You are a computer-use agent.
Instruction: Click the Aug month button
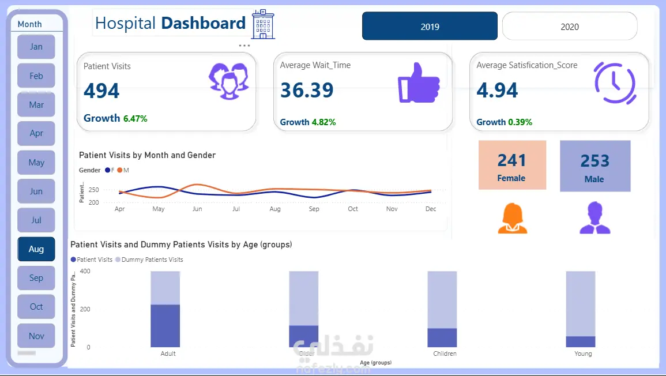point(36,249)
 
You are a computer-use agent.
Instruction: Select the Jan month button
point(36,47)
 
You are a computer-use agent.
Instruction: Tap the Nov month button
point(36,336)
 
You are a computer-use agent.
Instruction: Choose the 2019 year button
point(430,27)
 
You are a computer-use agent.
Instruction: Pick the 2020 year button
point(570,27)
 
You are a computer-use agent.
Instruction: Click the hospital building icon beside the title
point(263,24)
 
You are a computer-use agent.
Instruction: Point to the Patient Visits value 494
point(101,91)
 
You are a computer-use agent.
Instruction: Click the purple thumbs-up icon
point(418,82)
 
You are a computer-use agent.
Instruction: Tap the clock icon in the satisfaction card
point(615,82)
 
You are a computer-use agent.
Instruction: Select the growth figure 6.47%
point(135,119)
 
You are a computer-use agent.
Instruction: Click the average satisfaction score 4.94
point(497,91)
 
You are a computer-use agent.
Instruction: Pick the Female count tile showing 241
point(512,165)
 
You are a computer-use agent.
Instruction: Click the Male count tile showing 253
point(595,166)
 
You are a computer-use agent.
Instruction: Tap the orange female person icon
point(512,219)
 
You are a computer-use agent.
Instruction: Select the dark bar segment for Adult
point(165,326)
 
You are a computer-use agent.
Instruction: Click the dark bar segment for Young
point(580,341)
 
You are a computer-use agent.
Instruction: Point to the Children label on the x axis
point(445,354)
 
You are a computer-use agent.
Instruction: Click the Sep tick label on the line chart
point(314,209)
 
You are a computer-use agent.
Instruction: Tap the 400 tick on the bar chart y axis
point(85,271)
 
